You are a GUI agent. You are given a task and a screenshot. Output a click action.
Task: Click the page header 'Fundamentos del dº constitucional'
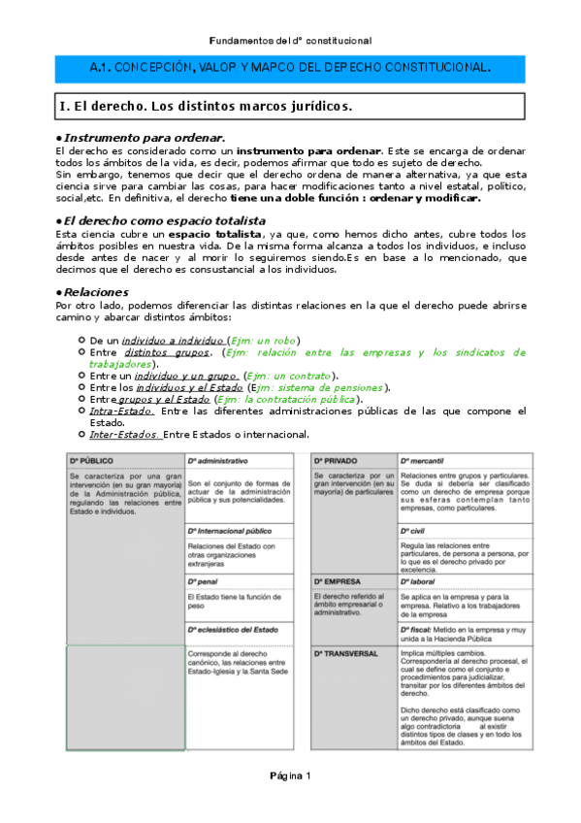pyautogui.click(x=290, y=41)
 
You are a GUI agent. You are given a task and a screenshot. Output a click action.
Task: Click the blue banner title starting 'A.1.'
pyautogui.click(x=290, y=68)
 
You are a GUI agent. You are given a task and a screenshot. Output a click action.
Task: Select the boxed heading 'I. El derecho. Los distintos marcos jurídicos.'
pyautogui.click(x=204, y=105)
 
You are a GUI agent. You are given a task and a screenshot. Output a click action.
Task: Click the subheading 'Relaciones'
pyautogui.click(x=96, y=291)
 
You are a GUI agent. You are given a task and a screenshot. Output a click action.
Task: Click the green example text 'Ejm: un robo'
pyautogui.click(x=264, y=341)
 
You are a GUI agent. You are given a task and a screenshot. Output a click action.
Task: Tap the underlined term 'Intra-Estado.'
pyautogui.click(x=115, y=411)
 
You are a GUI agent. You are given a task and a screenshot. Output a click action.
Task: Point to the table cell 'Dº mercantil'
pyautogui.click(x=423, y=459)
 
